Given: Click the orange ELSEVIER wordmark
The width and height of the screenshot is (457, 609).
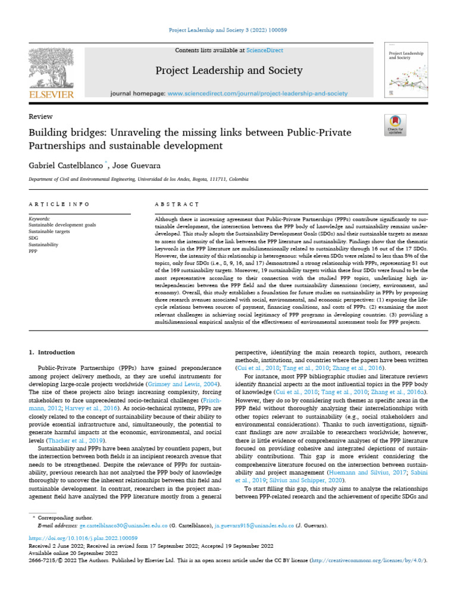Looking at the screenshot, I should click(51, 95).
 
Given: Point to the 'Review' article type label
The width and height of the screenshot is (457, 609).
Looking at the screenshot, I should click(40, 117).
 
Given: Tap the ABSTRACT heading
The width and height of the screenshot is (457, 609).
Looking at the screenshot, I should click(176, 204).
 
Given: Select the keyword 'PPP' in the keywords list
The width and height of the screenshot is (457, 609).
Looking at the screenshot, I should click(33, 252).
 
